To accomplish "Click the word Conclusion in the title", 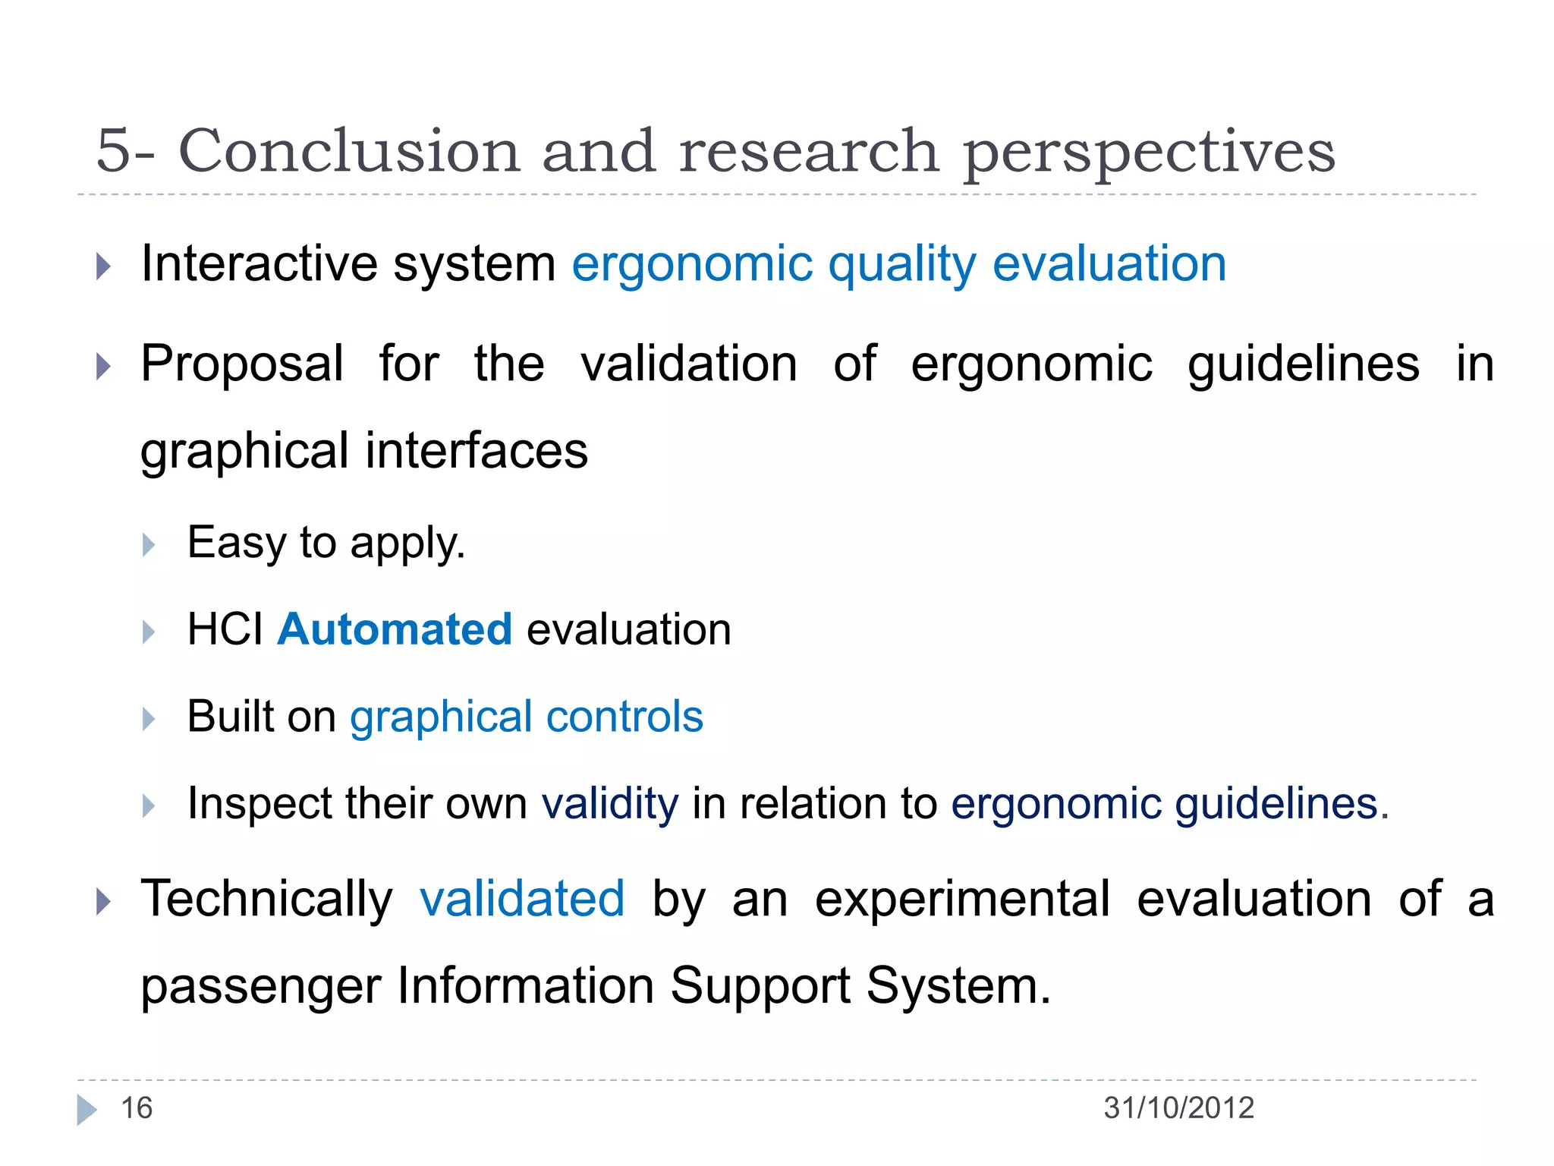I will pyautogui.click(x=348, y=151).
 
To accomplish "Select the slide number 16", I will pyautogui.click(x=137, y=1108).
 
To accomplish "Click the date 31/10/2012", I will pyautogui.click(x=1178, y=1108).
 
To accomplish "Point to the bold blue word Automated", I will pyautogui.click(x=395, y=629).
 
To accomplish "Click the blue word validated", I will pyautogui.click(x=522, y=899).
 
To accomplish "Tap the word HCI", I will pyautogui.click(x=225, y=629).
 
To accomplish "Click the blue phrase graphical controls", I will pyautogui.click(x=527, y=717).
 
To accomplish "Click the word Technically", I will pyautogui.click(x=266, y=899).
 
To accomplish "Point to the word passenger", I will pyautogui.click(x=260, y=987).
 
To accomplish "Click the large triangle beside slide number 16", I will pyautogui.click(x=87, y=1109).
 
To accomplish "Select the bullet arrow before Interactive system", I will pyautogui.click(x=104, y=266).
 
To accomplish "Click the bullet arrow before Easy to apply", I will pyautogui.click(x=149, y=545).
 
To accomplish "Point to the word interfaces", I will pyautogui.click(x=477, y=450).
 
